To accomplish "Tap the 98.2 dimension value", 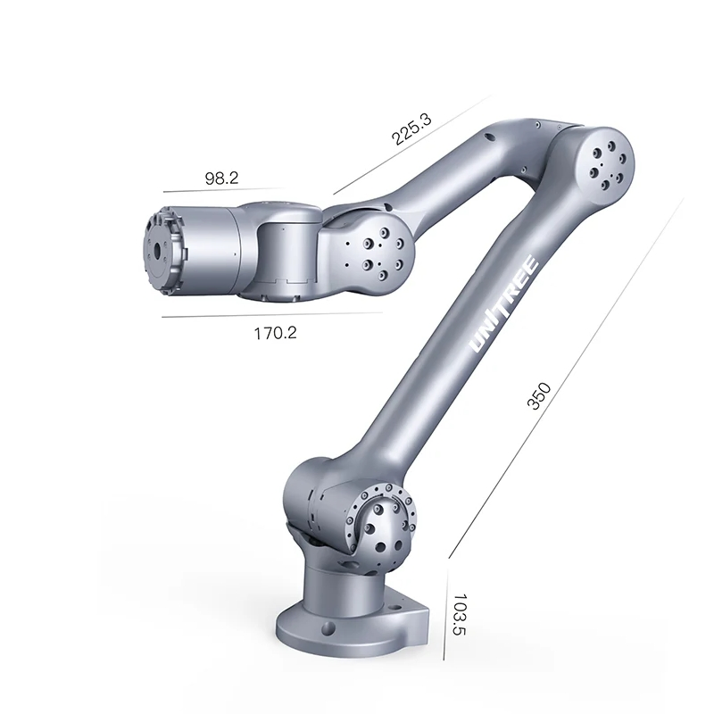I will [x=221, y=178].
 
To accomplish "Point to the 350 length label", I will [x=538, y=394].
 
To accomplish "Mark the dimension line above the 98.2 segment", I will [x=223, y=190].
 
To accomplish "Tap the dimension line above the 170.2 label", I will [x=272, y=315].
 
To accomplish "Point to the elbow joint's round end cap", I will [x=600, y=161].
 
